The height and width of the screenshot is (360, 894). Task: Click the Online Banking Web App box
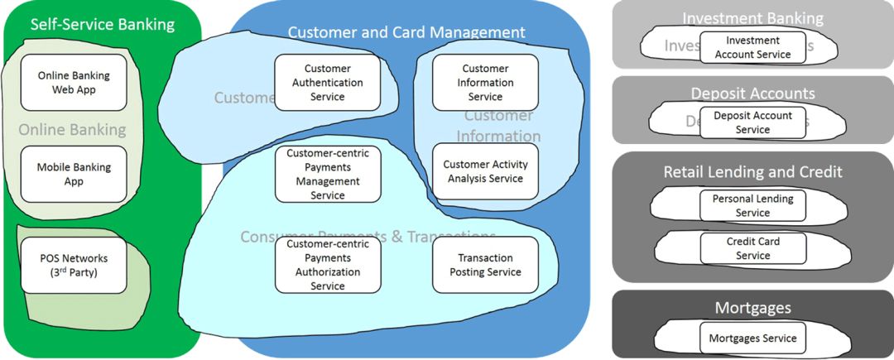[74, 83]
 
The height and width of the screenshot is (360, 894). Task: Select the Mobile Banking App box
[74, 174]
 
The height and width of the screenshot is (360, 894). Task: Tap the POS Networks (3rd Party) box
[74, 265]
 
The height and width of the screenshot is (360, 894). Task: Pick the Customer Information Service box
[485, 83]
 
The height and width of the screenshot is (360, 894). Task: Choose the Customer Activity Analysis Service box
[485, 171]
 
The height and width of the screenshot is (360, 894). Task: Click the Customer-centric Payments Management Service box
[328, 174]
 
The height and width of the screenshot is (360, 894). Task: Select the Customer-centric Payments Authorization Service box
[328, 265]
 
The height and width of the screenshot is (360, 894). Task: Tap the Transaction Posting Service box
[485, 265]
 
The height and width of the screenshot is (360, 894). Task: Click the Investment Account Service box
[752, 48]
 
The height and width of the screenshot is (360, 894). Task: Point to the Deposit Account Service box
[752, 122]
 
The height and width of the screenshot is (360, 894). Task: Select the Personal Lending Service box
[752, 206]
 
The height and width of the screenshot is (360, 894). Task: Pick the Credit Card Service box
[752, 248]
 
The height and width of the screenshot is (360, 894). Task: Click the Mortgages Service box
[752, 338]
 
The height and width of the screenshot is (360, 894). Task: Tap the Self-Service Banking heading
[103, 24]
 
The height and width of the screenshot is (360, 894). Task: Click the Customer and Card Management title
[406, 32]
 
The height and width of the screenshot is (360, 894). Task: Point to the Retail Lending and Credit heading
[752, 172]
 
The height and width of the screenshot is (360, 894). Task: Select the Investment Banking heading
[752, 18]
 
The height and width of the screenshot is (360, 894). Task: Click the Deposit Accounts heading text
[752, 94]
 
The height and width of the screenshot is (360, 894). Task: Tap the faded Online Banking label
[72, 129]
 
